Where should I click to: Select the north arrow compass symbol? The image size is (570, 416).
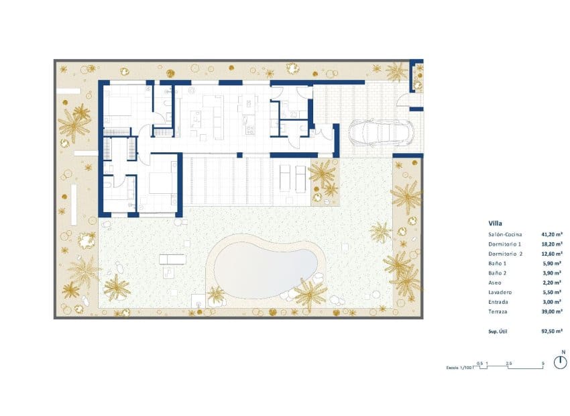click(x=561, y=364)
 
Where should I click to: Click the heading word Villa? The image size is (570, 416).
click(x=496, y=223)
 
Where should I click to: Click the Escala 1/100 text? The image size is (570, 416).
click(x=458, y=368)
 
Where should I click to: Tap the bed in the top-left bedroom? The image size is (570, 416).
click(x=119, y=105)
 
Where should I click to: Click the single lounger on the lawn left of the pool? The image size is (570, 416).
click(x=168, y=260)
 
